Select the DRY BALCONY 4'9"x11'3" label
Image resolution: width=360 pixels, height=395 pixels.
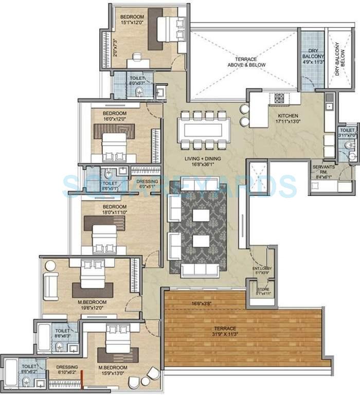click(313, 55)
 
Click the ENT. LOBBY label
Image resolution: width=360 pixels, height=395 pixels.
click(262, 271)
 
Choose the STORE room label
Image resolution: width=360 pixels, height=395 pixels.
click(263, 292)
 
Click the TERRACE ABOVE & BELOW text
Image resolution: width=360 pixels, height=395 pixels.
click(243, 62)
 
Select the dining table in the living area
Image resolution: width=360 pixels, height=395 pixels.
click(204, 129)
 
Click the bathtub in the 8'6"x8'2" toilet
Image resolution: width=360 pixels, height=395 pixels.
click(11, 373)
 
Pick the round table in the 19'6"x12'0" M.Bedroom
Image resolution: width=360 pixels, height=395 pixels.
click(50, 266)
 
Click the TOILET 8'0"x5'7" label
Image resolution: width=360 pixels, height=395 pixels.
click(137, 80)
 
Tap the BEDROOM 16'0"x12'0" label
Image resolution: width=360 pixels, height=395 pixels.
click(114, 116)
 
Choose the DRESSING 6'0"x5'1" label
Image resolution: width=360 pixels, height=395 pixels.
click(147, 184)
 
